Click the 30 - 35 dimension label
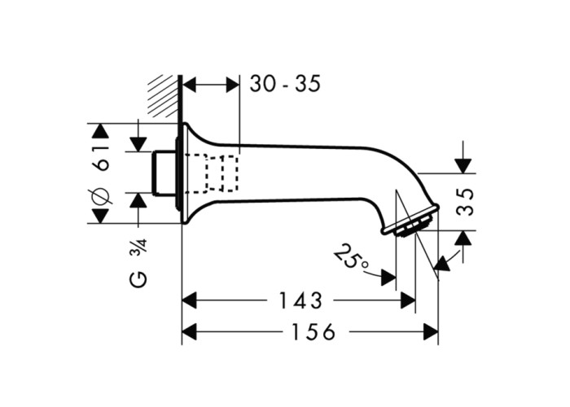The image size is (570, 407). tap(285, 84)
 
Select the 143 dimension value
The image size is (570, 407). tap(300, 300)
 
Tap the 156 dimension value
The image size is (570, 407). tap(313, 332)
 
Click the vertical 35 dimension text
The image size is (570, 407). tap(465, 202)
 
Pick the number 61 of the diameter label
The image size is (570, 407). tap(101, 158)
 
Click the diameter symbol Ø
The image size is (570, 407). tap(101, 195)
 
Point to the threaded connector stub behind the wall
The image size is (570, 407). tap(164, 173)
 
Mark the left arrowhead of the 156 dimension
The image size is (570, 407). tap(190, 332)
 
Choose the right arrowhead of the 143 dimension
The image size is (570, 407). tap(407, 300)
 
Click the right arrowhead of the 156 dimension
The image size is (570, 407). tap(431, 332)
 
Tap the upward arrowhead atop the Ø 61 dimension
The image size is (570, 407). tap(101, 131)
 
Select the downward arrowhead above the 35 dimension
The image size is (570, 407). tap(463, 166)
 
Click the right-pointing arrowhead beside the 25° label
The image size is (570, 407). tap(388, 278)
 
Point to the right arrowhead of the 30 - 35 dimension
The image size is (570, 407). tap(233, 85)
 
